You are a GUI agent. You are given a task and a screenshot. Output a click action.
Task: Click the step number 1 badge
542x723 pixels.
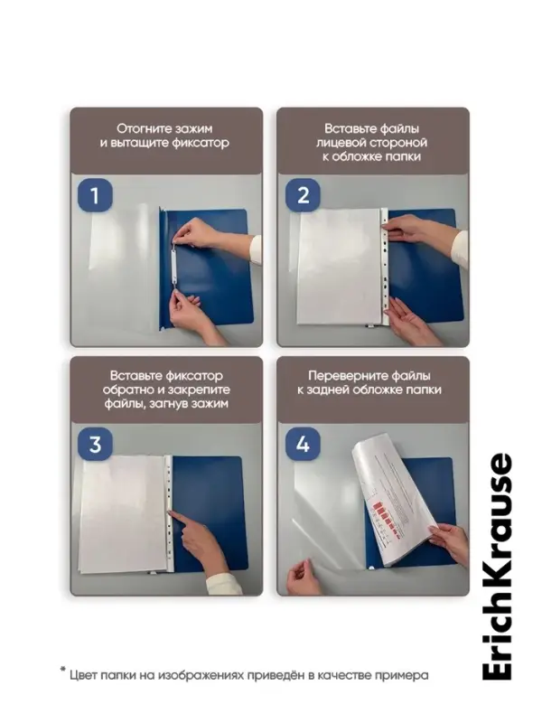click(x=95, y=195)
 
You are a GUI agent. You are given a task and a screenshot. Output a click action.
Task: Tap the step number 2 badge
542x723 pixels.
click(x=303, y=195)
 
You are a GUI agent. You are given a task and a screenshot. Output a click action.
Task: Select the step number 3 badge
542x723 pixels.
click(x=95, y=444)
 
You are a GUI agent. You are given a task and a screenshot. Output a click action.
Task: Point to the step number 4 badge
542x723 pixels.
click(x=303, y=444)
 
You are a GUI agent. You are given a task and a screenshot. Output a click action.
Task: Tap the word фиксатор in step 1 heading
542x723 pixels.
click(x=201, y=143)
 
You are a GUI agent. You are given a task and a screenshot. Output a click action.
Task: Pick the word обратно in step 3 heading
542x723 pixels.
click(x=128, y=390)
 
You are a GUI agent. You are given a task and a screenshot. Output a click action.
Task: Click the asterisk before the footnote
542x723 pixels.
click(x=63, y=671)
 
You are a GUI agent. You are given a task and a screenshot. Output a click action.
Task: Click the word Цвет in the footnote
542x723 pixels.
click(x=83, y=676)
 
